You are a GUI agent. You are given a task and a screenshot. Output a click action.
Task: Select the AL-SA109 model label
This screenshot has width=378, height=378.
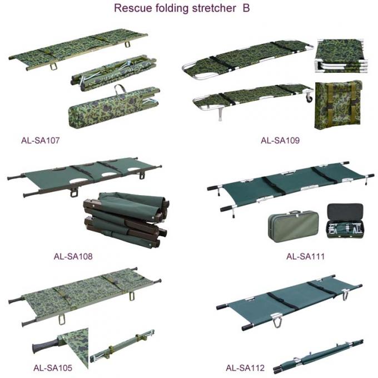(x=280, y=141)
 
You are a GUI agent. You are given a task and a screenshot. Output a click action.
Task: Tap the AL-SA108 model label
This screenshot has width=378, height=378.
(x=73, y=257)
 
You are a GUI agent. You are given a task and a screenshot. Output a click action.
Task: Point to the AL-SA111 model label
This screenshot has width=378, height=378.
(x=305, y=257)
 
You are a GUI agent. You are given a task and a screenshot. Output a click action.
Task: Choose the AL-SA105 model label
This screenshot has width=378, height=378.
(x=53, y=367)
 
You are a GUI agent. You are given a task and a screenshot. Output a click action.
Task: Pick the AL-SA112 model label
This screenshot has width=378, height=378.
(x=245, y=367)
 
